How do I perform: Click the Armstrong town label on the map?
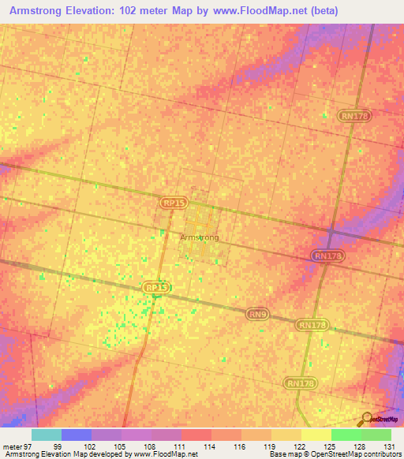[x=199, y=237]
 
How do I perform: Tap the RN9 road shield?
[x=255, y=313]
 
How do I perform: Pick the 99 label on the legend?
[x=58, y=447]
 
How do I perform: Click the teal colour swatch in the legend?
[x=47, y=435]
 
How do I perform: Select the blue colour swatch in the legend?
[x=77, y=435]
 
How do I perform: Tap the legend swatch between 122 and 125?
[x=316, y=435]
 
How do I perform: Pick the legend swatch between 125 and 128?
[x=346, y=435]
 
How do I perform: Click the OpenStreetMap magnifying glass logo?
[x=366, y=419]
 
